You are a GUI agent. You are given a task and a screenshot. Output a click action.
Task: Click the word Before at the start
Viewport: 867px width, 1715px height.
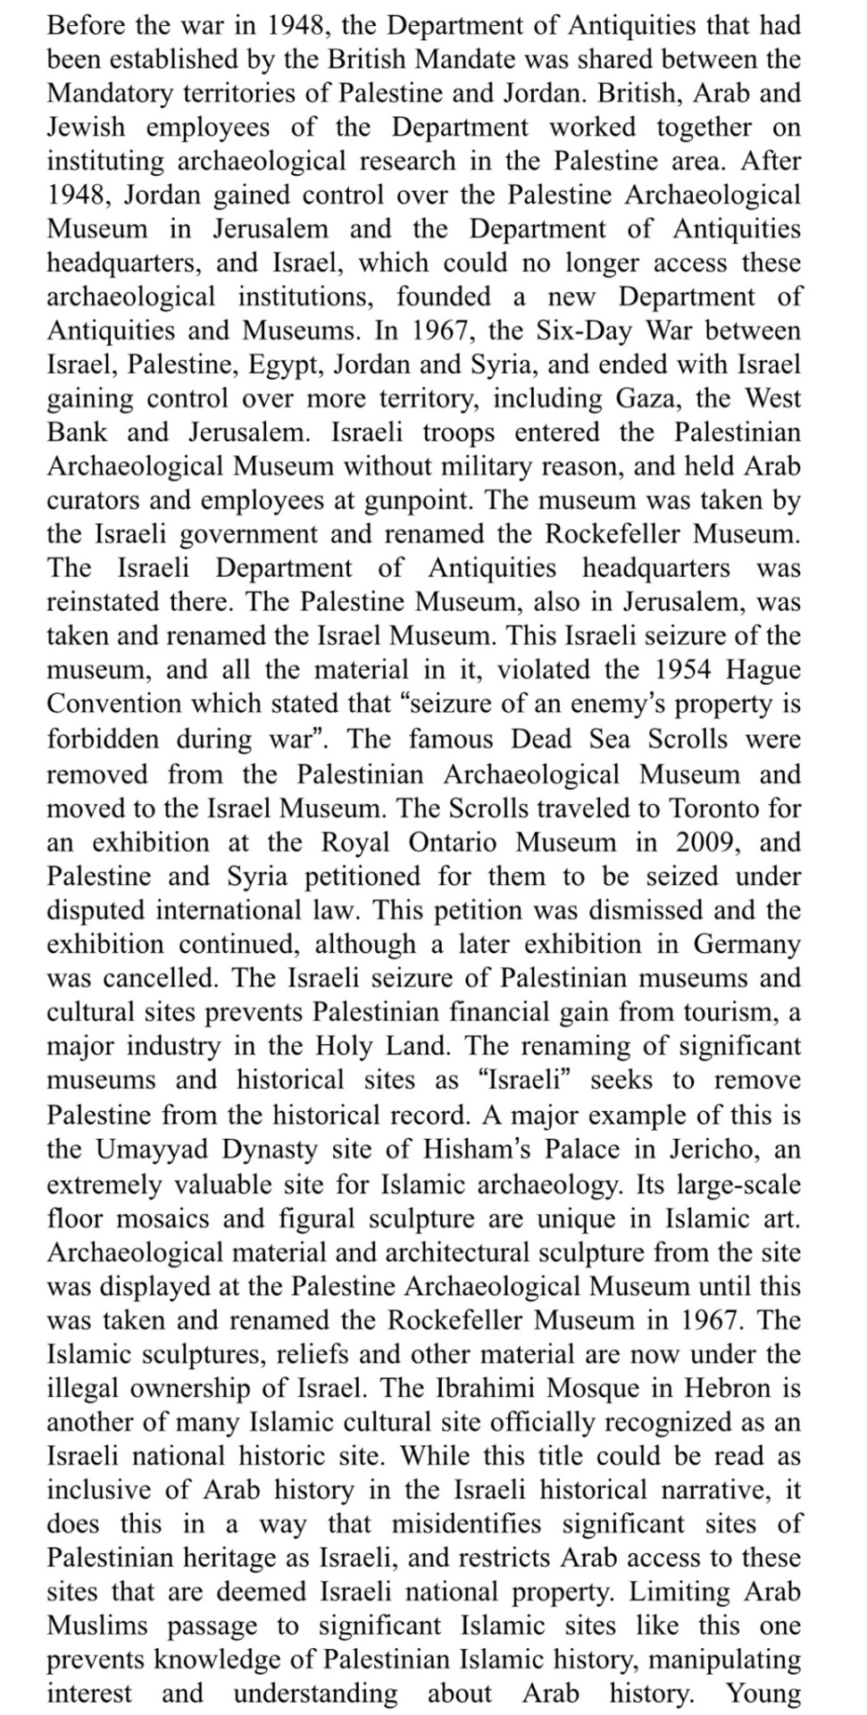click(87, 25)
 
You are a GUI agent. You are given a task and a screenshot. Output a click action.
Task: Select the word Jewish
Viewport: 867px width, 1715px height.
click(86, 127)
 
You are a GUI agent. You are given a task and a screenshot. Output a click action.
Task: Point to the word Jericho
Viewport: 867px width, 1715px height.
click(713, 1149)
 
